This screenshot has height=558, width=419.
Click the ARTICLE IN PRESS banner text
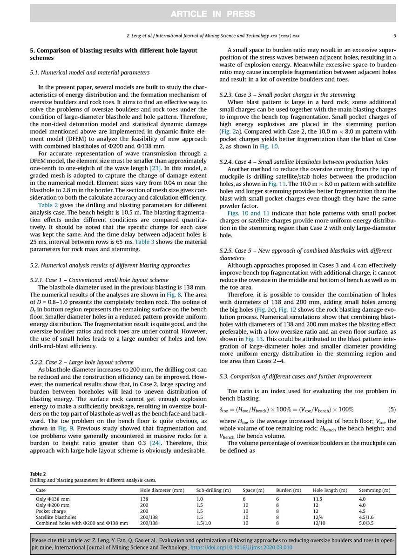point(209,14)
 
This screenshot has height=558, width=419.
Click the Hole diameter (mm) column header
point(162,490)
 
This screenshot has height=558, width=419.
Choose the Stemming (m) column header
point(374,490)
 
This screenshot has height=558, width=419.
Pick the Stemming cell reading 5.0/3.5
point(366,523)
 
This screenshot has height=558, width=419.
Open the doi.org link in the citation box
point(241,547)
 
